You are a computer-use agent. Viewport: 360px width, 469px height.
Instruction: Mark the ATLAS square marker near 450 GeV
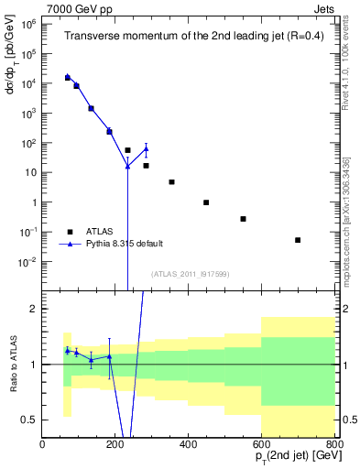206,202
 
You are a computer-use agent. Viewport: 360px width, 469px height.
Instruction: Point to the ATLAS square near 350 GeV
171,182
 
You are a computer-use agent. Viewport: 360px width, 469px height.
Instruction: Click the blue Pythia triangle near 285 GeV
146,149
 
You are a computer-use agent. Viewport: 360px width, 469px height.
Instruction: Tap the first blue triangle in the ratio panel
67,350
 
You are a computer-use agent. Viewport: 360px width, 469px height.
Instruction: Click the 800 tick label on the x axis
334,444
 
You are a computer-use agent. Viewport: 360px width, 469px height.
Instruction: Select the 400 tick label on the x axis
189,444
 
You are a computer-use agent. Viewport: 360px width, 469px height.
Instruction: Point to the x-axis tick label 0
43,444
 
